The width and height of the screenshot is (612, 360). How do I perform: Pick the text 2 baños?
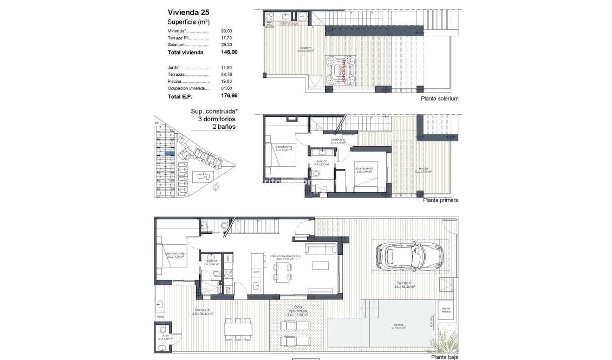point(224,126)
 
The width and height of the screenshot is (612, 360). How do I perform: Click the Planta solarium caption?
point(439,99)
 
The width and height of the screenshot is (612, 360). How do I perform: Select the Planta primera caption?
point(440,200)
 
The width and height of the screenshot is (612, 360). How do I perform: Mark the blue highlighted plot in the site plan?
point(170,154)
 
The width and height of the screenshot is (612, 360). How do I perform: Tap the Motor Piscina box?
point(446,310)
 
